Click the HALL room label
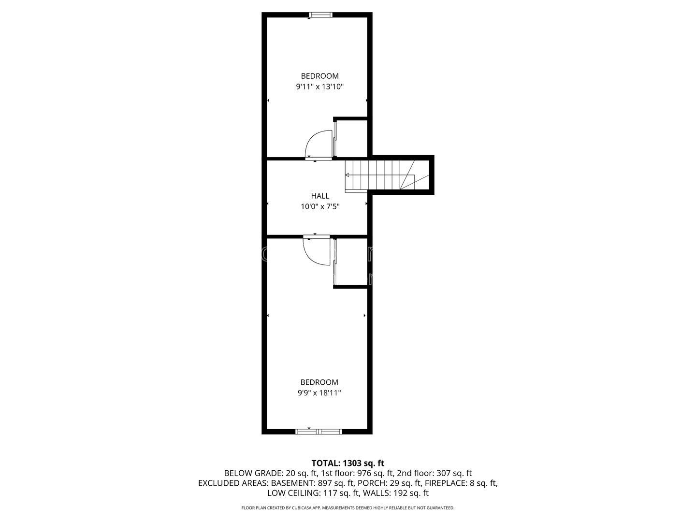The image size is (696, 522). pyautogui.click(x=320, y=196)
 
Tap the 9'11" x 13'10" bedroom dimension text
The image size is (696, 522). pyautogui.click(x=319, y=87)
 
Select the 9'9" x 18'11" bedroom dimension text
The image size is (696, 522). pyautogui.click(x=319, y=393)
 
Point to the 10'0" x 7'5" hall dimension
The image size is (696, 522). pyautogui.click(x=320, y=207)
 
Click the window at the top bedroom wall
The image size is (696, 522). pyautogui.click(x=320, y=15)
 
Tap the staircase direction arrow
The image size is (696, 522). pyautogui.click(x=347, y=175)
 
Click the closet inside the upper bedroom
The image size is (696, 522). pyautogui.click(x=351, y=137)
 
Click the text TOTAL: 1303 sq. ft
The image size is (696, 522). pyautogui.click(x=348, y=463)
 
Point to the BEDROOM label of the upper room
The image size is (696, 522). pyautogui.click(x=319, y=76)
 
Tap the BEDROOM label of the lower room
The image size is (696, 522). pyautogui.click(x=319, y=382)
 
